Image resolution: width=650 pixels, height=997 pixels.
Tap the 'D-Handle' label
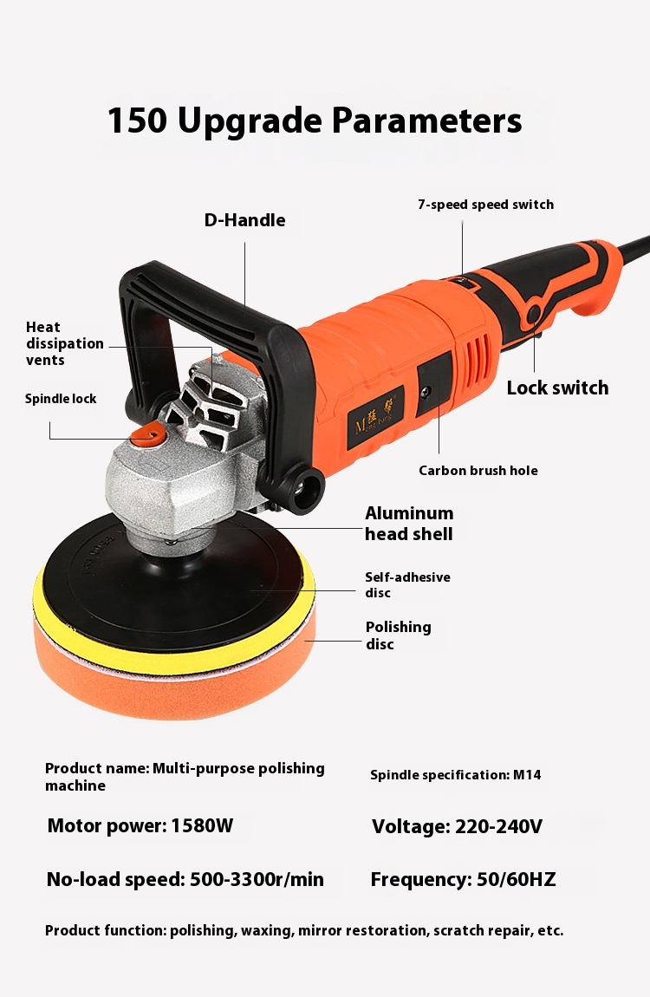244,220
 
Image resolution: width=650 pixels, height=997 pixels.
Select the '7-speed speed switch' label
485,205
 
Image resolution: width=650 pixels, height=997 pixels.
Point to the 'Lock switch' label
557,388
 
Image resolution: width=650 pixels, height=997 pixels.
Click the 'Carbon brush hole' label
478,471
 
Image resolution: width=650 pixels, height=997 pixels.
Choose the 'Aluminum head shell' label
409,524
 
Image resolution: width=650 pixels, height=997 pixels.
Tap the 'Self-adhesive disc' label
407,584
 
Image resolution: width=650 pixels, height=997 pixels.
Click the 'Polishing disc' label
398,635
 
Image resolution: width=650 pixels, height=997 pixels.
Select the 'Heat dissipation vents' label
64,343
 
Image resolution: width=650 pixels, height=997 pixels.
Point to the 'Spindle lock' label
61,399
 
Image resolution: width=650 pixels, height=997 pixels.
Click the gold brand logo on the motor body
375,413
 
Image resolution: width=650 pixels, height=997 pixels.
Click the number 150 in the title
137,121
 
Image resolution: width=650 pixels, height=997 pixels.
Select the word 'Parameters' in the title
426,121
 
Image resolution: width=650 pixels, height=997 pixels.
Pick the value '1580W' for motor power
202,825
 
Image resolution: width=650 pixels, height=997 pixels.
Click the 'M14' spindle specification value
527,774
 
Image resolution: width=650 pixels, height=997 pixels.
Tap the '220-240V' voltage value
498,826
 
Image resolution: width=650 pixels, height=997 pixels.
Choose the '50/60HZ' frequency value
516,879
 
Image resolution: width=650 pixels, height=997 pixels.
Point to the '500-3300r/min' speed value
257,879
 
